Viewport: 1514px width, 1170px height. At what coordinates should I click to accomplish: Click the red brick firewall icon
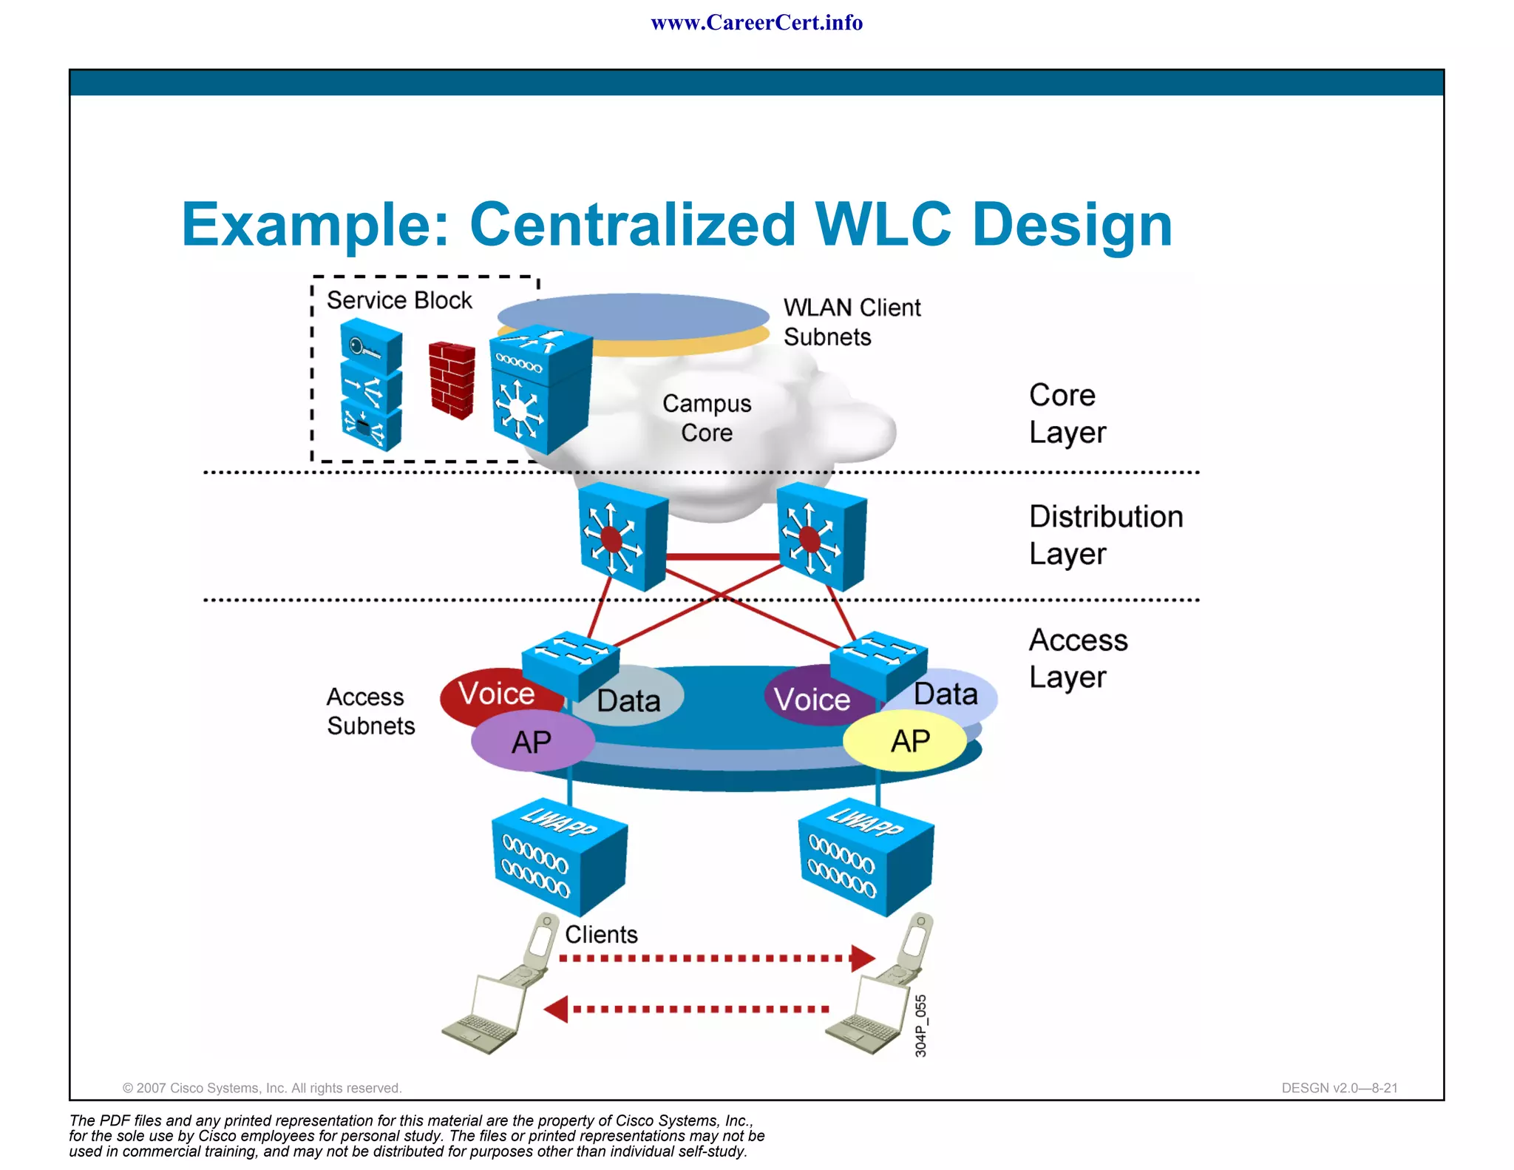pos(452,380)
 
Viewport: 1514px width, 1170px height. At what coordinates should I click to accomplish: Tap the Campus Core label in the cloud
pos(707,418)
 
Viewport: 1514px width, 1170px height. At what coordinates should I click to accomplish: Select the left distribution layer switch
pos(622,537)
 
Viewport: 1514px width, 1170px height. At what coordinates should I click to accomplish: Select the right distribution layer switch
pos(821,537)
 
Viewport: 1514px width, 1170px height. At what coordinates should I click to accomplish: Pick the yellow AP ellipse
pos(906,741)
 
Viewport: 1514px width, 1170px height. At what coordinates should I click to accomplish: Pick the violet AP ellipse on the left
pos(532,742)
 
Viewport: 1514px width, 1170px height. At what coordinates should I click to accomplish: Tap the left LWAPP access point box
pos(559,858)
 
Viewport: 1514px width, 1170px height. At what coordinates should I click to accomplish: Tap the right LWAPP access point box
pos(866,858)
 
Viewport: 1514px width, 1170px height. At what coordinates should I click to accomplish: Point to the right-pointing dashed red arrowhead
pos(862,958)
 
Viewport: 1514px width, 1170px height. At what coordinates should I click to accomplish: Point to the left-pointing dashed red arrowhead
pos(557,1009)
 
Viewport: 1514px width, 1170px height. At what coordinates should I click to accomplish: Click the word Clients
pos(601,935)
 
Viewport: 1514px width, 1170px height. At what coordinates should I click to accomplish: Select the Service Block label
pos(399,300)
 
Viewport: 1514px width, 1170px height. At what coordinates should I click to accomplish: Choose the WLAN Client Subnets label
pos(852,322)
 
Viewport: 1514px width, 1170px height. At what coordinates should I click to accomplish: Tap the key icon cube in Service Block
pos(371,345)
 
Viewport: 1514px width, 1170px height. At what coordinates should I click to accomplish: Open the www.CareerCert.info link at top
pos(756,23)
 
